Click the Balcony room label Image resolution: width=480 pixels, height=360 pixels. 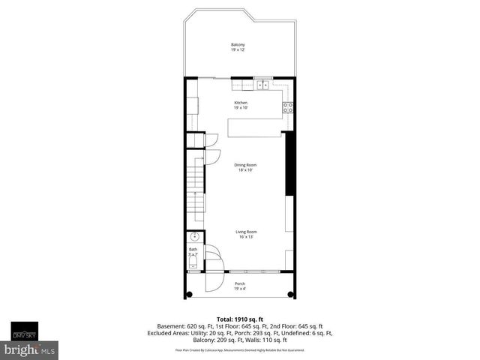(238, 45)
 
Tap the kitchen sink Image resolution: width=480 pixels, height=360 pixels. (263, 85)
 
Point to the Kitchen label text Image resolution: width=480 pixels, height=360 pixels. (241, 103)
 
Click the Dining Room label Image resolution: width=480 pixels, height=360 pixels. (241, 165)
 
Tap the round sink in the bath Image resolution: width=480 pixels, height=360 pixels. (193, 236)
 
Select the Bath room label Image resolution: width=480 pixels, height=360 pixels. (193, 249)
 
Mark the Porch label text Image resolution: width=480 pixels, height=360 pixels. (240, 283)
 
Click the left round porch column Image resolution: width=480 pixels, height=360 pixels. (190, 293)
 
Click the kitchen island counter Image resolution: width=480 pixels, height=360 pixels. (255, 129)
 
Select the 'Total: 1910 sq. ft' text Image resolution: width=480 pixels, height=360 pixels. (240, 318)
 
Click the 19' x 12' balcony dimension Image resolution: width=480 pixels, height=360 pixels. (238, 49)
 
